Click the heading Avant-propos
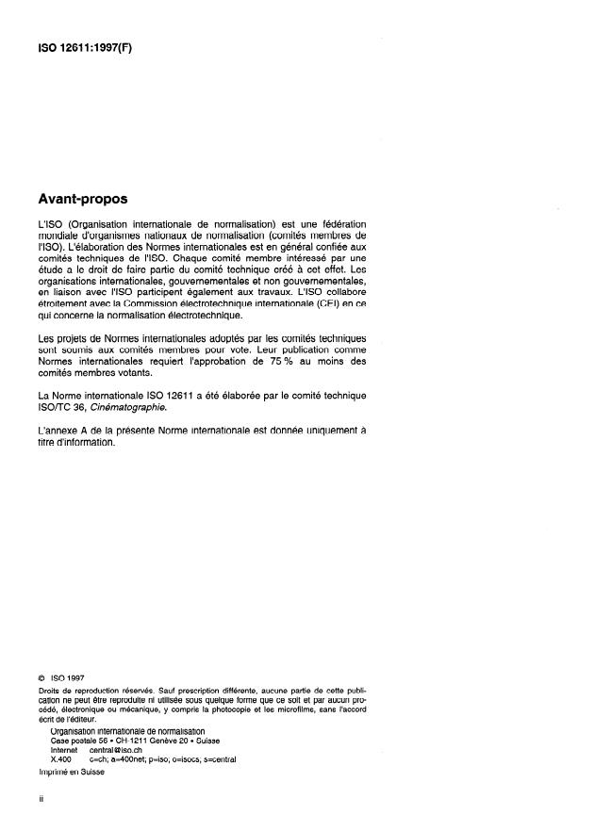coord(82,200)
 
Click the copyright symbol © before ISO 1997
coord(41,675)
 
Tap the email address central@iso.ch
coord(113,749)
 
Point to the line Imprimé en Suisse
coord(71,772)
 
